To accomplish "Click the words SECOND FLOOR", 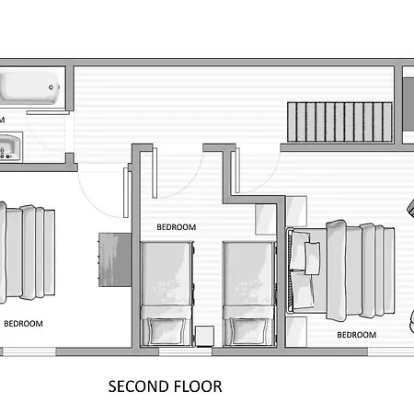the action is pyautogui.click(x=165, y=386).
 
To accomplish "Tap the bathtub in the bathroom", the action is pyautogui.click(x=29, y=87).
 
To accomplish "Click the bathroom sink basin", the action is pyautogui.click(x=10, y=147).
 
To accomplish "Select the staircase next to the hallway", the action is pyautogui.click(x=339, y=121).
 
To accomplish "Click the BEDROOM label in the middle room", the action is pyautogui.click(x=177, y=227).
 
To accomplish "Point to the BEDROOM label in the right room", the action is pyautogui.click(x=357, y=335).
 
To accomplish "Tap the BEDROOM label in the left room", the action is pyautogui.click(x=23, y=324).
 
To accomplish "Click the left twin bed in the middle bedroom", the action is pyautogui.click(x=167, y=294).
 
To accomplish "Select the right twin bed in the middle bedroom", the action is pyautogui.click(x=249, y=294).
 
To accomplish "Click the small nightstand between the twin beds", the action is pyautogui.click(x=204, y=337).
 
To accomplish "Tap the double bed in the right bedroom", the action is pyautogui.click(x=340, y=270).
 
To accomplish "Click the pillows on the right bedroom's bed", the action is pyautogui.click(x=304, y=270).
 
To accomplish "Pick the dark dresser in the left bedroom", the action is pyautogui.click(x=115, y=259).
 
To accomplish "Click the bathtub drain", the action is pyautogui.click(x=52, y=87).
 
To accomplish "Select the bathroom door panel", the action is pyautogui.click(x=48, y=113).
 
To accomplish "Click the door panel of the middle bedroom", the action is pyautogui.click(x=155, y=173).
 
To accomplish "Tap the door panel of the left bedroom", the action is pyautogui.click(x=126, y=192).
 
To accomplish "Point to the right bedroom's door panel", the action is pyautogui.click(x=237, y=170).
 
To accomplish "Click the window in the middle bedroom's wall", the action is pyautogui.click(x=186, y=351).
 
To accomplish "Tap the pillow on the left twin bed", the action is pyautogui.click(x=167, y=331).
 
